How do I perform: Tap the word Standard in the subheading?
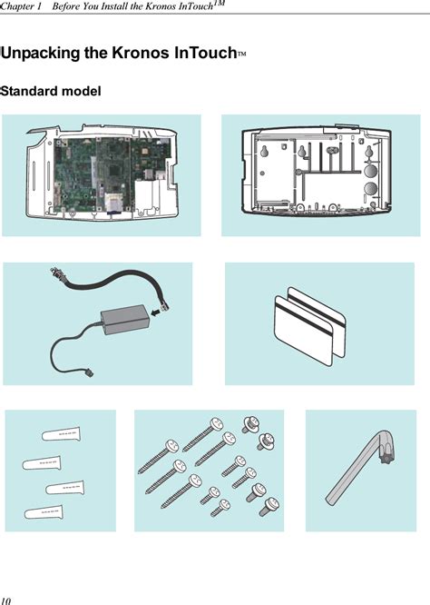point(29,91)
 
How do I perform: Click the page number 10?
point(5,600)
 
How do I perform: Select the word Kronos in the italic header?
point(161,6)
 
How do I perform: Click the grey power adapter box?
point(124,320)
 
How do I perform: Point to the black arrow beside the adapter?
point(155,312)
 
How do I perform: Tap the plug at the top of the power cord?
point(56,273)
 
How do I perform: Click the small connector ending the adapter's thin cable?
point(89,372)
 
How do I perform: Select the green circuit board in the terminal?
point(112,174)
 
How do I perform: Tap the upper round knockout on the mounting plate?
point(370,170)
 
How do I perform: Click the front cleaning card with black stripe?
point(302,331)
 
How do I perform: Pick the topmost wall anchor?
point(62,434)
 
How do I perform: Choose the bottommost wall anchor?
point(44,512)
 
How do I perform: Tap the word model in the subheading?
point(82,91)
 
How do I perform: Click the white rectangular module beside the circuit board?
point(147,197)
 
